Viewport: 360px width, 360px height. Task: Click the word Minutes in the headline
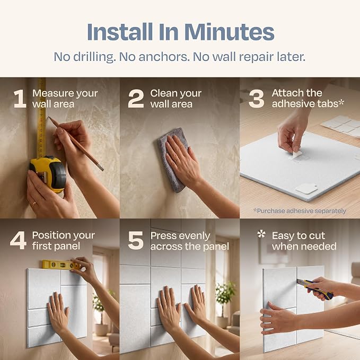[x=229, y=32]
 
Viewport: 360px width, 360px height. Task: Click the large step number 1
[x=20, y=99]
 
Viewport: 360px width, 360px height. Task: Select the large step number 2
[x=136, y=99]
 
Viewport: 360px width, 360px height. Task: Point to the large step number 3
[x=256, y=99]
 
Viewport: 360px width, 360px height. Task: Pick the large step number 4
[x=19, y=240]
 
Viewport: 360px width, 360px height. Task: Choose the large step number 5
[x=136, y=240]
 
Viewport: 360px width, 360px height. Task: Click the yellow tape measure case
[x=48, y=173]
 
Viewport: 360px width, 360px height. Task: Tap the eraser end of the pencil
[x=100, y=167]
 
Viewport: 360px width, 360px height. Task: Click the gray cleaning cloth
[x=172, y=160]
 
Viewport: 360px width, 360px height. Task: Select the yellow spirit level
[x=62, y=265]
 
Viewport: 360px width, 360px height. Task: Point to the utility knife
[x=314, y=289]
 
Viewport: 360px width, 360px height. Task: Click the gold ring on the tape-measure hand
[x=34, y=204]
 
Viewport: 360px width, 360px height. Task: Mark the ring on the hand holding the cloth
[x=177, y=160]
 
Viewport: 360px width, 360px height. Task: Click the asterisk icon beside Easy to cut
[x=261, y=234]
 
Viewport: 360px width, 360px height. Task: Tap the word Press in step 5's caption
[x=163, y=236]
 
